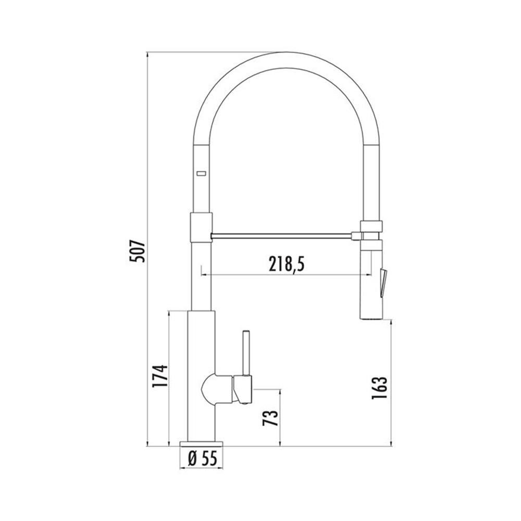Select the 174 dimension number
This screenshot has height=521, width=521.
click(x=159, y=376)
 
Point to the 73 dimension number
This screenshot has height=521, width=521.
click(x=270, y=418)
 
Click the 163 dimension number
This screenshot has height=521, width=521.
click(x=380, y=388)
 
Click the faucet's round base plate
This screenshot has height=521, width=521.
click(x=201, y=444)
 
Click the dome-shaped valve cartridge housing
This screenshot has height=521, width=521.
click(x=217, y=389)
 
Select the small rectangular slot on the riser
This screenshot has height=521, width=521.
click(x=201, y=173)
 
